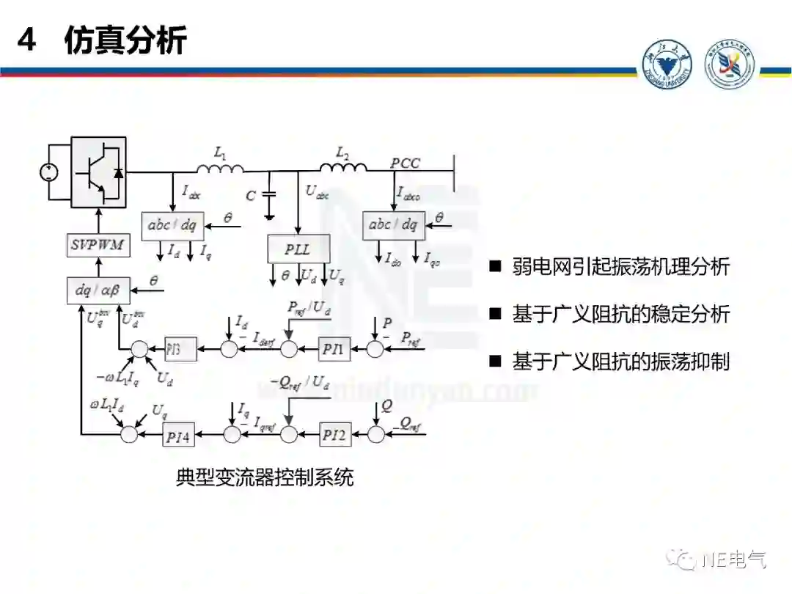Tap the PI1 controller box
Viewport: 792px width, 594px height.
click(334, 350)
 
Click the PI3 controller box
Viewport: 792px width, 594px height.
click(180, 350)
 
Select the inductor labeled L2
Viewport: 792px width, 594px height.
click(343, 169)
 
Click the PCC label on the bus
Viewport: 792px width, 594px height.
click(405, 163)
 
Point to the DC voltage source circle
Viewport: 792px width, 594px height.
click(48, 173)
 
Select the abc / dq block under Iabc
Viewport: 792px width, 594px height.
click(172, 226)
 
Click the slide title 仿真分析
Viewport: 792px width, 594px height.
click(125, 40)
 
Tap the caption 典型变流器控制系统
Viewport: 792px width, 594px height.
click(265, 478)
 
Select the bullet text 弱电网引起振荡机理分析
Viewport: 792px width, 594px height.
click(620, 266)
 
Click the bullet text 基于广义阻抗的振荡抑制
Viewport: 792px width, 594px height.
click(620, 362)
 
